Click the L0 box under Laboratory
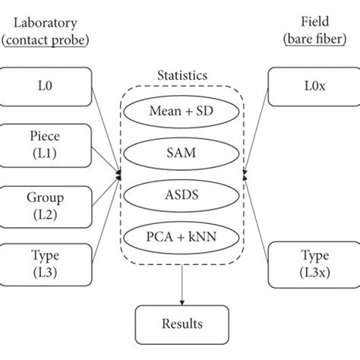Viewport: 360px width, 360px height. point(46,86)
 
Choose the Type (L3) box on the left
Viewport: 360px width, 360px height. point(46,262)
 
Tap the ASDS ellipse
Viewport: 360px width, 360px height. point(180,195)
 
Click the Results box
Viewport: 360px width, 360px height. point(180,324)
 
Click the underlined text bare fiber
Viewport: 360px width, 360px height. point(313,39)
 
